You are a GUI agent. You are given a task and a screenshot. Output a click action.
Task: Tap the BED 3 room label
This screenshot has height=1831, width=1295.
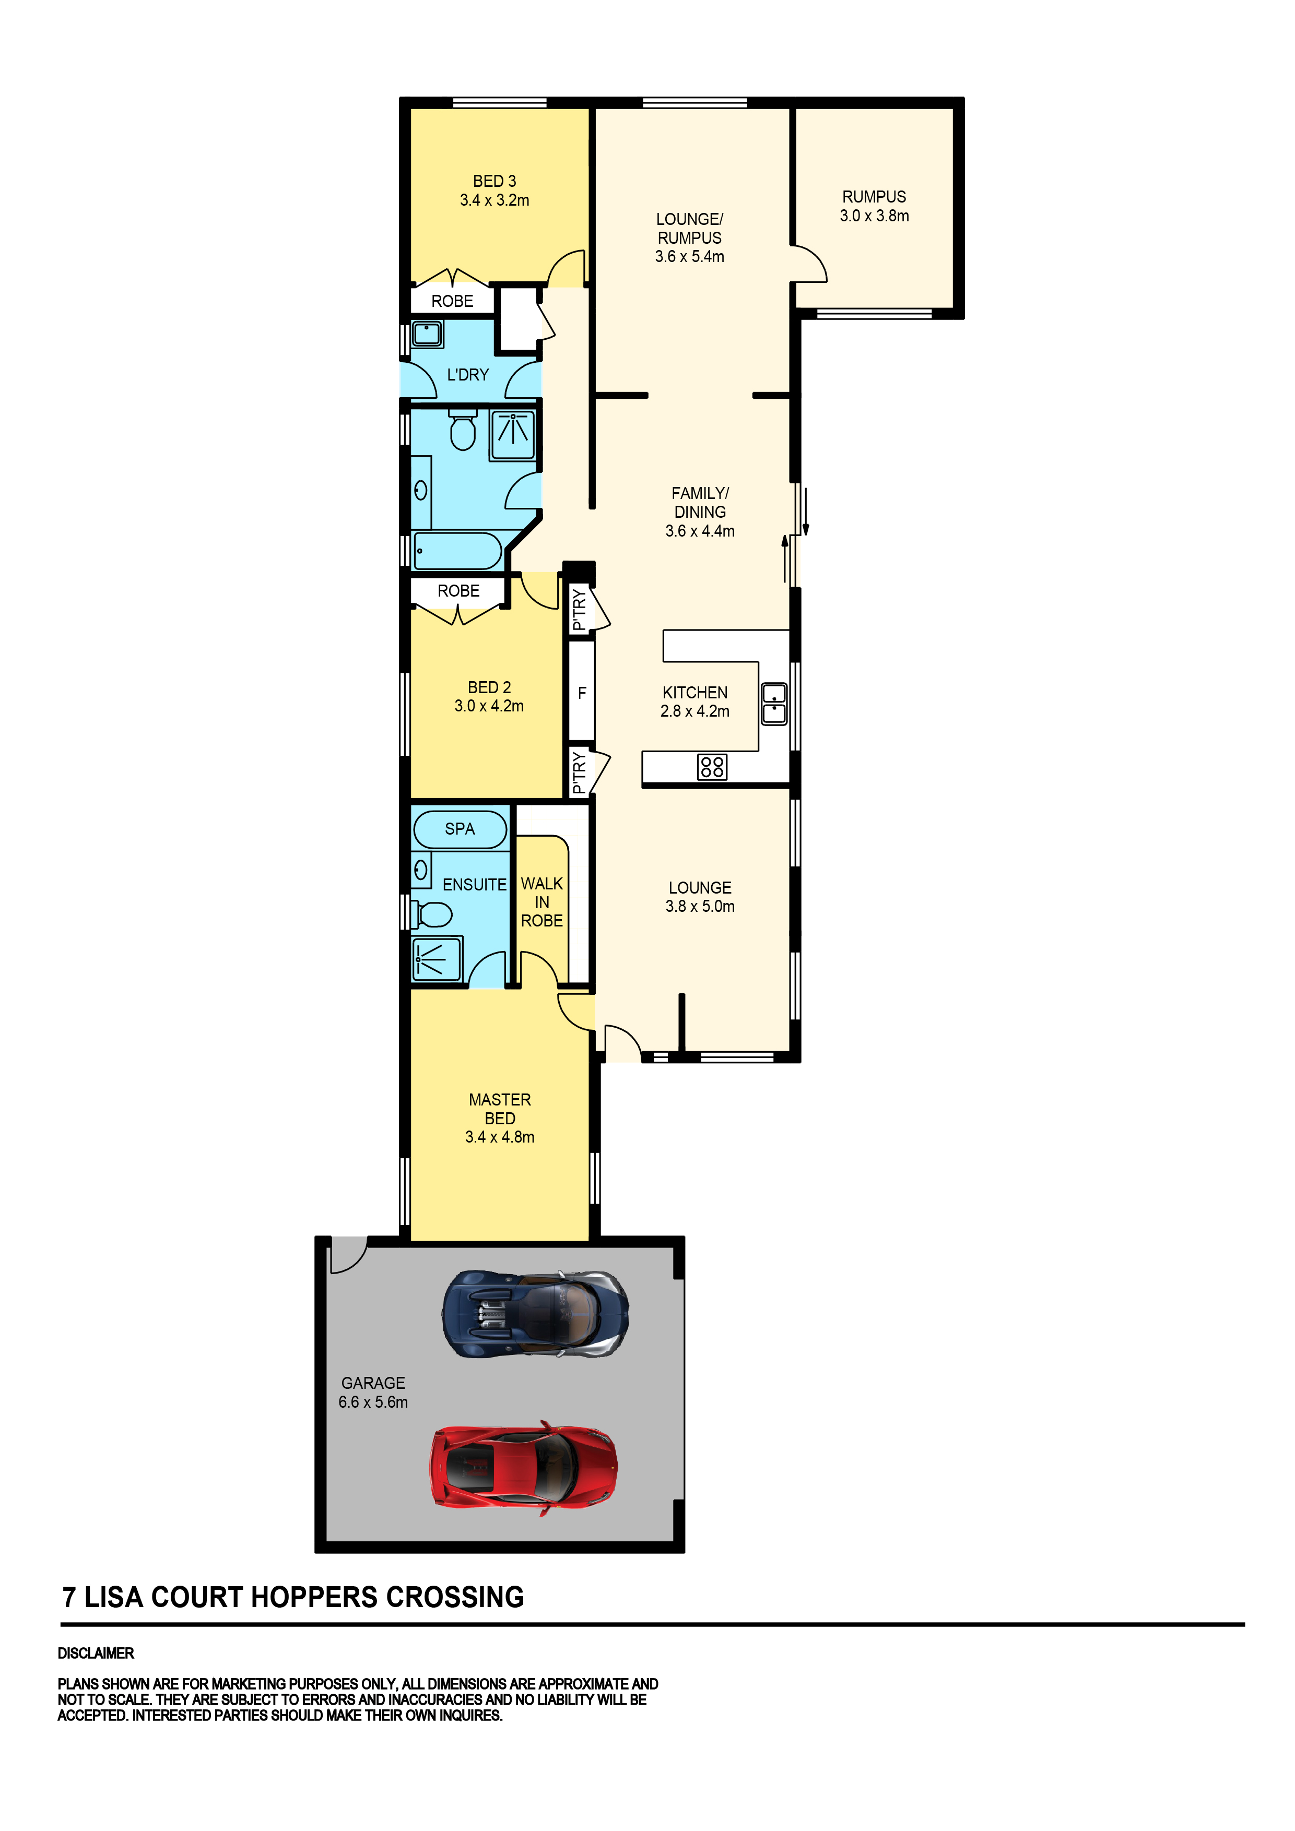tap(494, 182)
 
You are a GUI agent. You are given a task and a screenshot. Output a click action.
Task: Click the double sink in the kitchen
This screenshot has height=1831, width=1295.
tap(773, 704)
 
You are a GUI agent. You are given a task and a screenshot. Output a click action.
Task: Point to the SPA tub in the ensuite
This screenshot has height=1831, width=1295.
tap(460, 829)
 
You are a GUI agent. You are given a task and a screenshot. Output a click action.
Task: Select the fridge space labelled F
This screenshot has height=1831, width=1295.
tap(582, 692)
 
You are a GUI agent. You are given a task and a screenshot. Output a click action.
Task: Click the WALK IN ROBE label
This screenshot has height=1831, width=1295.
tap(542, 902)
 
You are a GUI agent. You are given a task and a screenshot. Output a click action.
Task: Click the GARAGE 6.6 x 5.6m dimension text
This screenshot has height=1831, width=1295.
tap(373, 1402)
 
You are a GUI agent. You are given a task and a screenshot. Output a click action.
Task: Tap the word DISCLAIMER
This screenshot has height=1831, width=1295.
tap(96, 1653)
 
